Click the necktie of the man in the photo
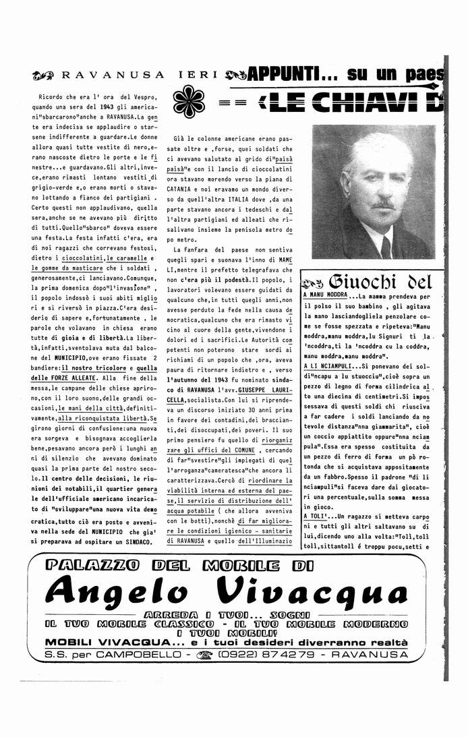pyautogui.click(x=385, y=245)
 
